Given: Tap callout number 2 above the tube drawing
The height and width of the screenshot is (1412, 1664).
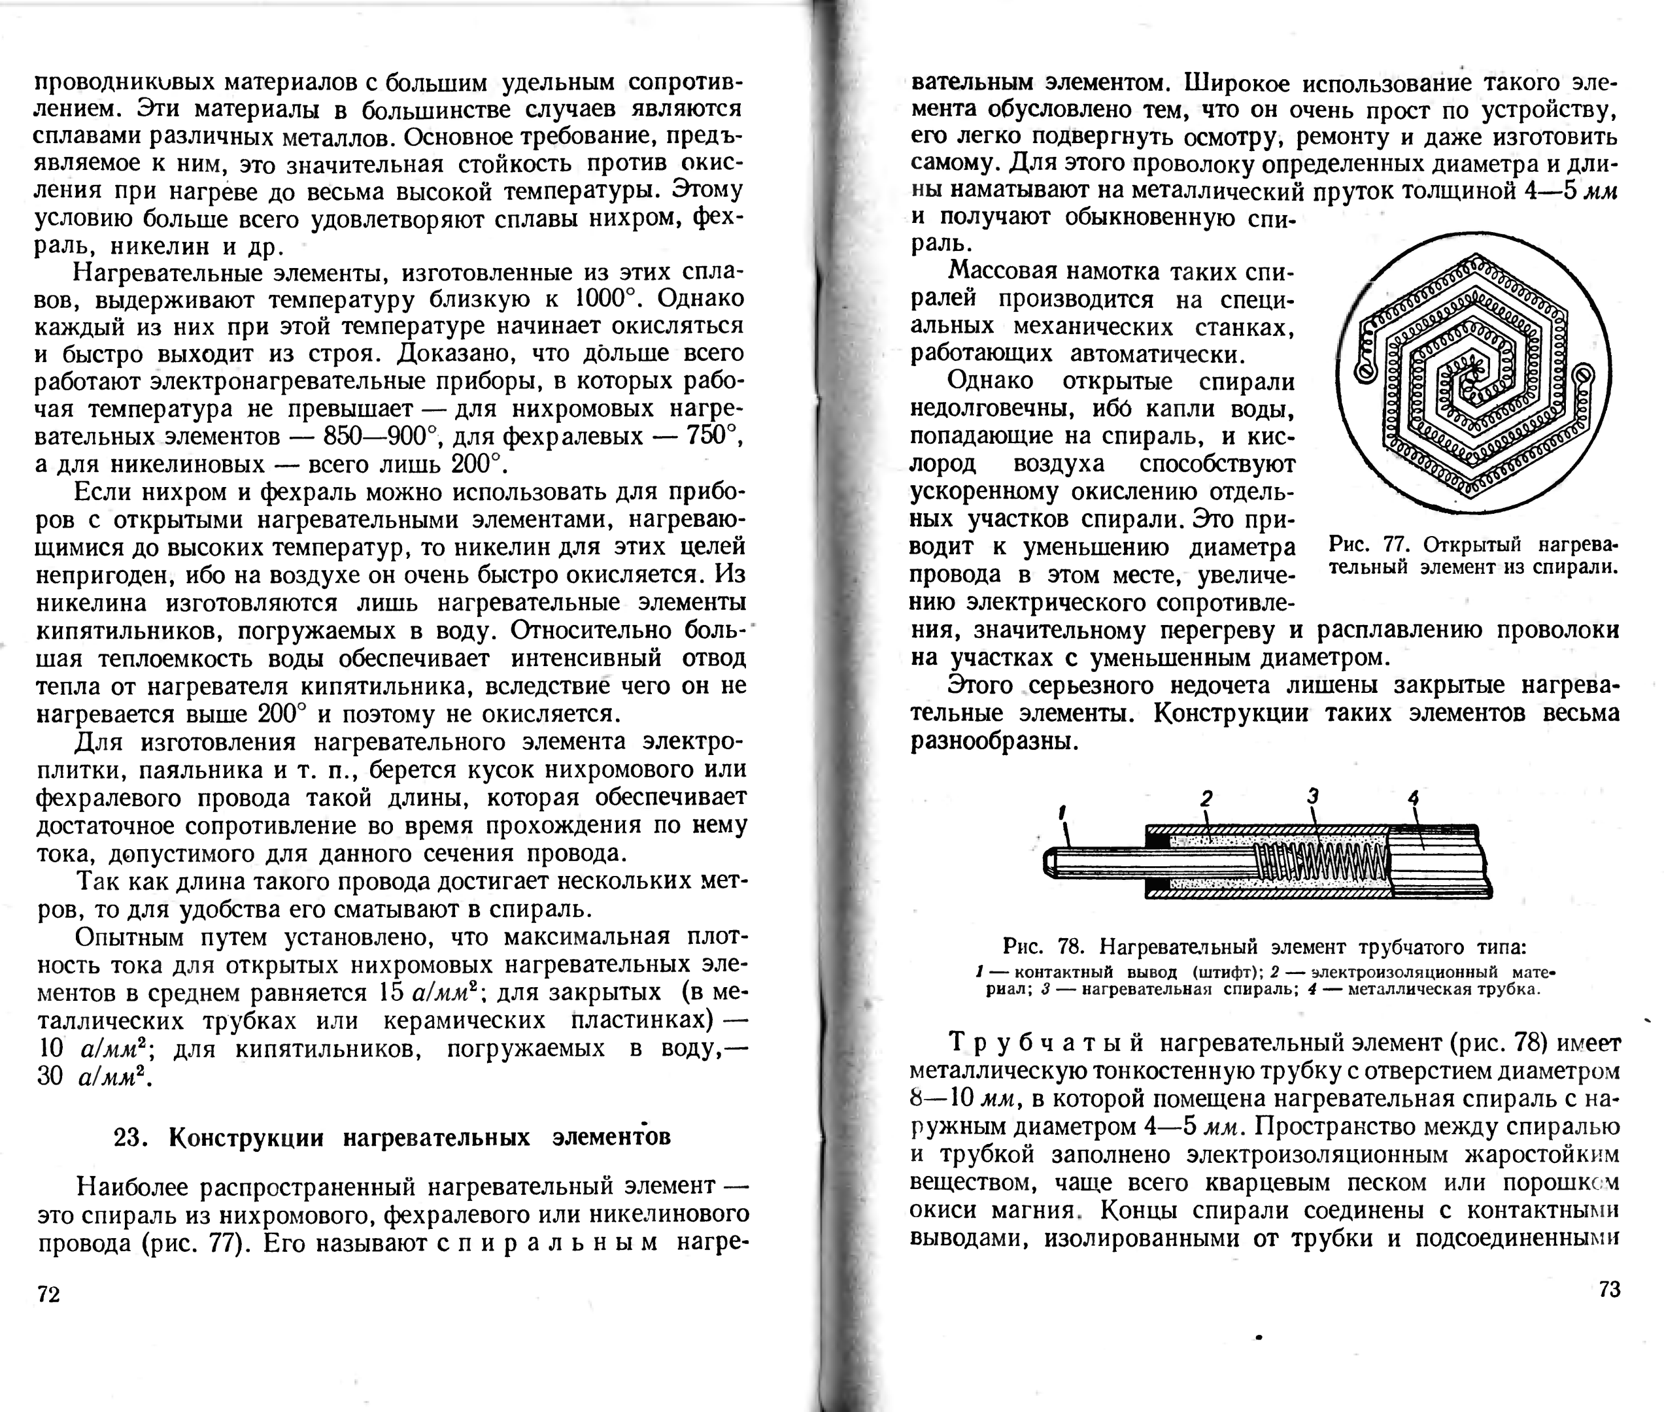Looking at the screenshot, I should click(1206, 798).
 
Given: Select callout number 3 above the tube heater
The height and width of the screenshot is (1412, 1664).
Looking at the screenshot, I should click(1313, 796).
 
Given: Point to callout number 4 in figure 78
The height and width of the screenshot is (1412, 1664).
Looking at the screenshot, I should click(1414, 798).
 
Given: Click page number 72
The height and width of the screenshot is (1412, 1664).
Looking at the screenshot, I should click(49, 1294).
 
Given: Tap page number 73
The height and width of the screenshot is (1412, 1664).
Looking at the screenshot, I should click(1609, 1288).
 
